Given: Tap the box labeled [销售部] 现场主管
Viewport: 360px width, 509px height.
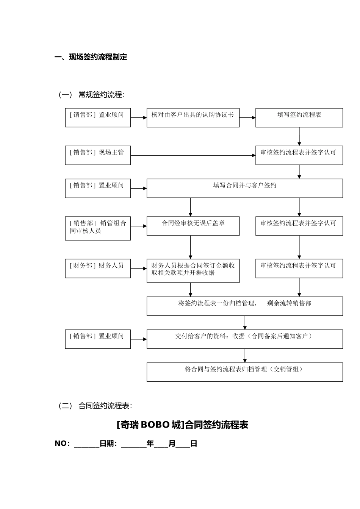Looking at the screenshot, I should [x=98, y=155].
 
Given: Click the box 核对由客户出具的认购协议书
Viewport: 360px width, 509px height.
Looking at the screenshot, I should [x=193, y=117].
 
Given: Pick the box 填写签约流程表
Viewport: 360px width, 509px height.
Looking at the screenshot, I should [x=299, y=117].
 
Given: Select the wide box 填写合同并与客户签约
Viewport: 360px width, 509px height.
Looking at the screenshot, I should [x=244, y=188].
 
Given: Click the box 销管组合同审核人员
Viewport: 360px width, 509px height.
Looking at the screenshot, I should [x=98, y=228].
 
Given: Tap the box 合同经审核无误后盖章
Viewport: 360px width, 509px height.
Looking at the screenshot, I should [x=193, y=226].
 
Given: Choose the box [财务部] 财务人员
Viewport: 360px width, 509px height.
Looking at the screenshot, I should [x=98, y=269].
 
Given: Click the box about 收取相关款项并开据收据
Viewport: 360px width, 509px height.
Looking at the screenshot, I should [x=193, y=271].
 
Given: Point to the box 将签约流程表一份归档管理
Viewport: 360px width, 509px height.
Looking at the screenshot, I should [x=244, y=306].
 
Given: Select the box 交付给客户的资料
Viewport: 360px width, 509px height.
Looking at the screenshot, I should [x=244, y=339].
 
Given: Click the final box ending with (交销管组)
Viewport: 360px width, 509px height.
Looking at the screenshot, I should [x=244, y=372].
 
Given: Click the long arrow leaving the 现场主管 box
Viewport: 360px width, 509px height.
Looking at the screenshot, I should [x=193, y=155].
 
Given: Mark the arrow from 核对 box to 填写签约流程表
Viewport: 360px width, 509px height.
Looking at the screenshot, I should [x=247, y=117].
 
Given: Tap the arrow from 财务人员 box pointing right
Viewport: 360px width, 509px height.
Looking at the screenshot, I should [x=139, y=269].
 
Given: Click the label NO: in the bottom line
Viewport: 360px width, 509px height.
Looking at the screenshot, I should [x=62, y=443].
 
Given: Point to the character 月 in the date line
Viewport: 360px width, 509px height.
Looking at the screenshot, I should [x=172, y=443].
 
